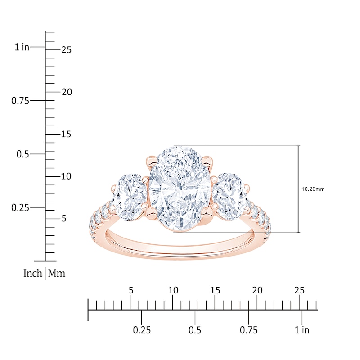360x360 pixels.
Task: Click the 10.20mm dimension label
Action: click(313, 189)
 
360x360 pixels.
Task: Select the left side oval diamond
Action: click(130, 197)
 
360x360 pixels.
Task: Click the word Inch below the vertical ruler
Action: click(33, 273)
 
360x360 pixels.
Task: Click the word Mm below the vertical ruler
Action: click(57, 273)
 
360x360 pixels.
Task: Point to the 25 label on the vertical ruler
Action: click(66, 50)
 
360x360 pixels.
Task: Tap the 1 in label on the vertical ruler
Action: click(22, 47)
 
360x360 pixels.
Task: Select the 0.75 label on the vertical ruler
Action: click(20, 101)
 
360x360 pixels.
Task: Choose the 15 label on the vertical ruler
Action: click(66, 134)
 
